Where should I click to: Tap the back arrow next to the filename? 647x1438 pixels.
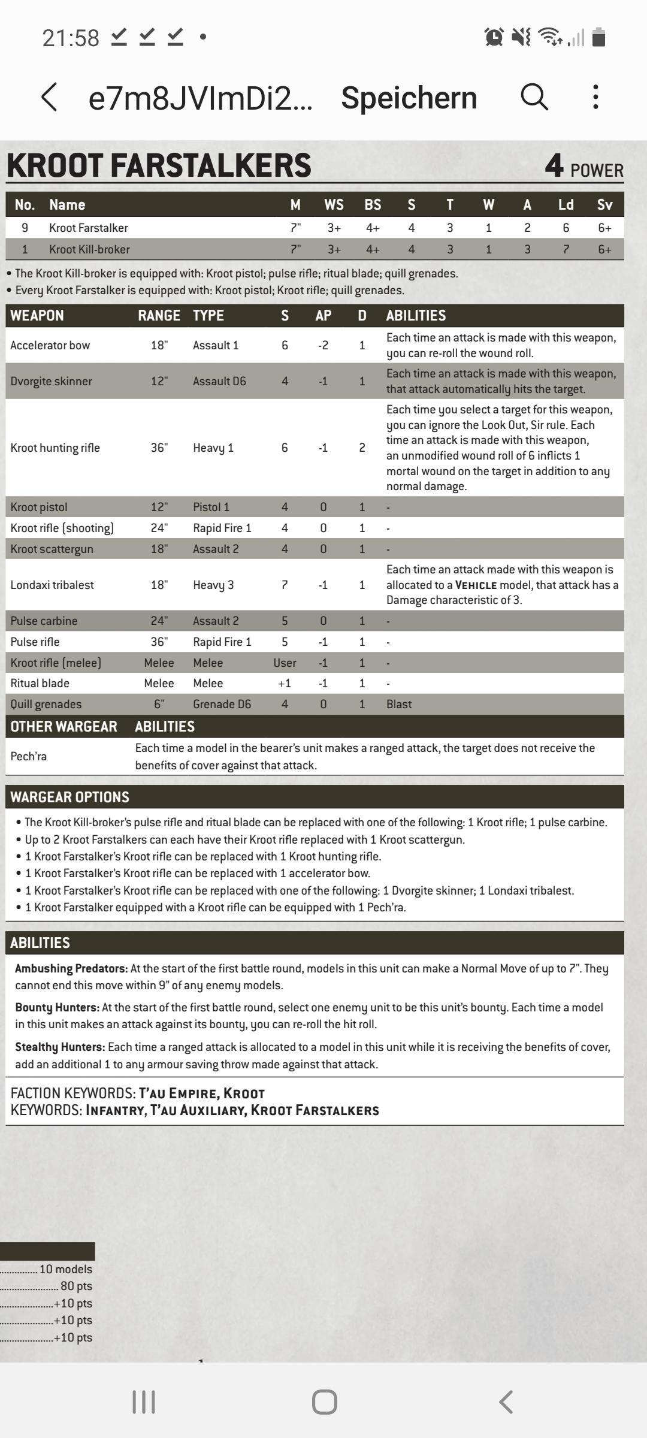click(50, 97)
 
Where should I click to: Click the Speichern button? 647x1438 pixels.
click(409, 98)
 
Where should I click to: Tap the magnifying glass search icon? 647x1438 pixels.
click(534, 96)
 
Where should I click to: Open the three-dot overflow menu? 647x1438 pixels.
click(595, 96)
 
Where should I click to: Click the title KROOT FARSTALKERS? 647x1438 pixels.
click(159, 165)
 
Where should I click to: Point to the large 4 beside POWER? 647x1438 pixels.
click(554, 165)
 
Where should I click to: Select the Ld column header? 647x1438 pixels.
click(566, 205)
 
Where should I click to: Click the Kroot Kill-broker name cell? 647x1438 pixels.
click(89, 249)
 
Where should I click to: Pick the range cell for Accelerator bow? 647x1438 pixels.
click(159, 345)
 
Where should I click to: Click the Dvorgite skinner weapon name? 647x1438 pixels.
click(51, 381)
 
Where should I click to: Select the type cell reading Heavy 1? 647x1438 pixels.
click(213, 448)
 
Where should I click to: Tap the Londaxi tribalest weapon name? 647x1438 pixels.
click(52, 585)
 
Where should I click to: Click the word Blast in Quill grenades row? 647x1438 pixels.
click(399, 704)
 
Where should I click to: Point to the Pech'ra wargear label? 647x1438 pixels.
click(28, 756)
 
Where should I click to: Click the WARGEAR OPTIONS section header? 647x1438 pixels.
click(69, 797)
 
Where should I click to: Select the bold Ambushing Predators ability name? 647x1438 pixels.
click(71, 968)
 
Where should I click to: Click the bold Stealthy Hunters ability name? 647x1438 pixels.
click(60, 1047)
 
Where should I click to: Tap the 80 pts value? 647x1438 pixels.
click(76, 1286)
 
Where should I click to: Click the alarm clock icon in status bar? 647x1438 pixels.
click(494, 37)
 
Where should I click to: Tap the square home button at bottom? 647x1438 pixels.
click(324, 1402)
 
